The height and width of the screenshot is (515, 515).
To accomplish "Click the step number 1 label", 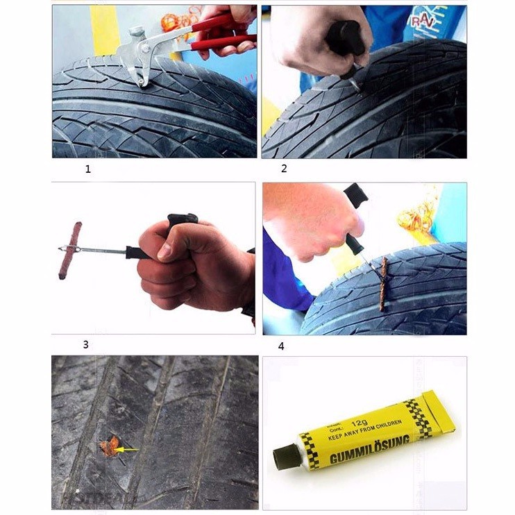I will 87,169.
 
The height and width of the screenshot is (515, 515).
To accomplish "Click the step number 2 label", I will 284,169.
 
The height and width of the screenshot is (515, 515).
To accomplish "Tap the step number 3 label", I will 85,344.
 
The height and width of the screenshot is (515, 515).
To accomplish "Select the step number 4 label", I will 281,346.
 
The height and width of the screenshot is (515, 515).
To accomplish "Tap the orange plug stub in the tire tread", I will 109,446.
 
